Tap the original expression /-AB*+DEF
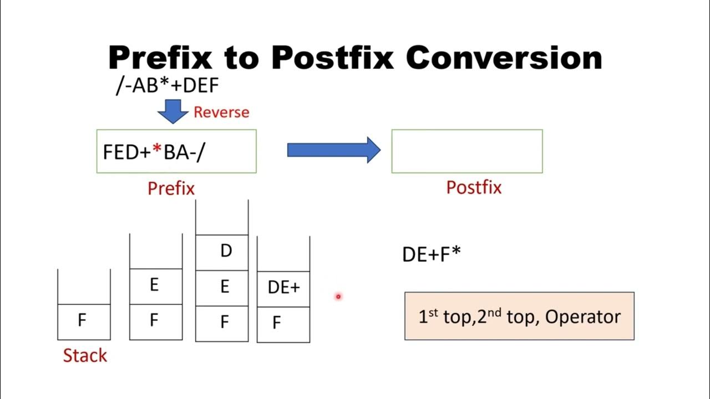click(167, 86)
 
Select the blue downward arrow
click(173, 111)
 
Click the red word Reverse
click(221, 112)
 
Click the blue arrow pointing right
click(333, 150)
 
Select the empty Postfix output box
click(466, 151)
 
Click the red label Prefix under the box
click(171, 188)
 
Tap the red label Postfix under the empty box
click(474, 187)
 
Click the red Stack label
click(84, 355)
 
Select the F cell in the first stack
click(82, 321)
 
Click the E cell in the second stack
click(154, 285)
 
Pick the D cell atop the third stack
click(225, 252)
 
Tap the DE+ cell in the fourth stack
click(283, 287)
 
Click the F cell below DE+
click(277, 323)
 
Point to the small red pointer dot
click(337, 296)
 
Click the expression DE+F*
click(432, 254)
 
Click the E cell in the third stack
click(224, 287)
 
